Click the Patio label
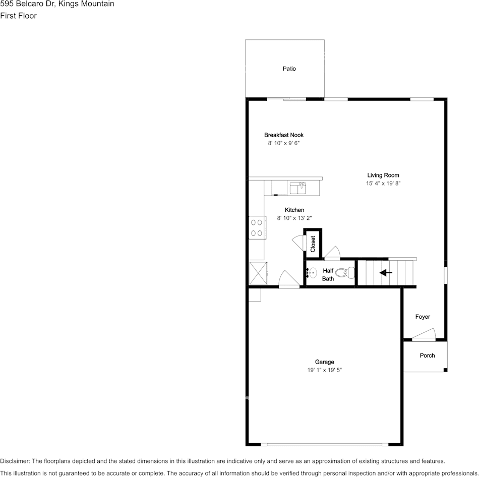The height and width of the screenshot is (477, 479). tap(289, 69)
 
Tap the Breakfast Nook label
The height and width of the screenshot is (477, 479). tap(284, 135)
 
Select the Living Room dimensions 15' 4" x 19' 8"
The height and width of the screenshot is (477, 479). tap(383, 184)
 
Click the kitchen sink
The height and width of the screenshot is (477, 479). tap(297, 188)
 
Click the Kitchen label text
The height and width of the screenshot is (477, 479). tap(294, 210)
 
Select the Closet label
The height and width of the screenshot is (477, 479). tap(313, 244)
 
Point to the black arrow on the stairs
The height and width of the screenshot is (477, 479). tap(386, 273)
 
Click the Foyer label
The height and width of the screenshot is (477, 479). tap(423, 317)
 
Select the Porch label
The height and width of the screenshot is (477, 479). tap(427, 355)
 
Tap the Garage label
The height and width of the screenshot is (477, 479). tap(325, 362)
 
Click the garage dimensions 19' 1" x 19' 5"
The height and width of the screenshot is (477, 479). tap(325, 370)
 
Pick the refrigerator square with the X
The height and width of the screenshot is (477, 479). tap(258, 273)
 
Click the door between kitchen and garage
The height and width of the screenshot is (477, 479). tap(288, 280)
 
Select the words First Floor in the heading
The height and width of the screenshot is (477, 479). tap(18, 16)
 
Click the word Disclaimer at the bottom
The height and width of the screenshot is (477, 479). tap(15, 461)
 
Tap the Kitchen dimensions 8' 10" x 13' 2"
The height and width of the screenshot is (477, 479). tap(294, 218)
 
